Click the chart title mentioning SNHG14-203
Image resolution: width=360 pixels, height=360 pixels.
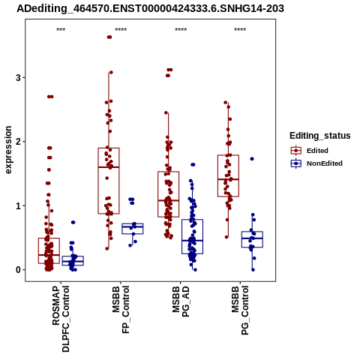(150, 8)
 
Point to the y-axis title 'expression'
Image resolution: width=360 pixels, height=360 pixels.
(8, 150)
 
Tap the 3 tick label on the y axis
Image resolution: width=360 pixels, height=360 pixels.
(18, 77)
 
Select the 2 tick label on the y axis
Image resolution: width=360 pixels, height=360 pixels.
(18, 142)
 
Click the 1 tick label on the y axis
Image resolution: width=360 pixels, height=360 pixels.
(18, 205)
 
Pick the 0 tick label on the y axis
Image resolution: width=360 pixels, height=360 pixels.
(18, 270)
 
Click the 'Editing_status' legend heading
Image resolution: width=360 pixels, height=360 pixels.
(320, 136)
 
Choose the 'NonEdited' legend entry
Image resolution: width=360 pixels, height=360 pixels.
(316, 163)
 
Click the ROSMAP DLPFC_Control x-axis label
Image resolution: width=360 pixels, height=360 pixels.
(61, 319)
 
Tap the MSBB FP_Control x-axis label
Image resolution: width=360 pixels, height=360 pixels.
(121, 310)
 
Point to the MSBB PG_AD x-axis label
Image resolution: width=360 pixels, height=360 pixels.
(181, 301)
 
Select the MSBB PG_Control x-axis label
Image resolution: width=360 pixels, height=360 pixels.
(240, 310)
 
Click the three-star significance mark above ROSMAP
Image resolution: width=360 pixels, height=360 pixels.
(61, 30)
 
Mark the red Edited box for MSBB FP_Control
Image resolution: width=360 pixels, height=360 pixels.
(109, 181)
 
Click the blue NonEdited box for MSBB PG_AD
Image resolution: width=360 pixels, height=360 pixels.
(192, 236)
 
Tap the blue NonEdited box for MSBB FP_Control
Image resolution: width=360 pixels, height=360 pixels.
(133, 229)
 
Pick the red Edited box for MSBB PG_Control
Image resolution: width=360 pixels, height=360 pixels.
(228, 175)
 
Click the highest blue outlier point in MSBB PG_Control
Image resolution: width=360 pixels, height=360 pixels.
(252, 159)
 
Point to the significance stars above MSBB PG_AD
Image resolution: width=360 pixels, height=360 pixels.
(181, 30)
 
